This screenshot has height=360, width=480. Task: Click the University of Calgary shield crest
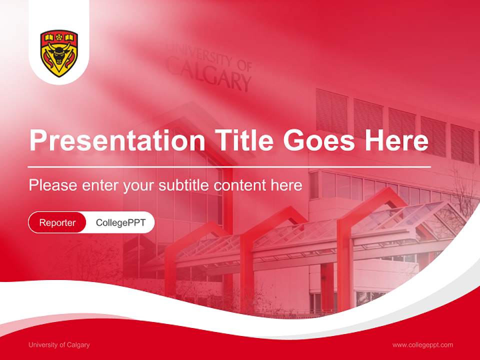[59, 53]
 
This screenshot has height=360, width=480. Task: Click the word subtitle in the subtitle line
[184, 185]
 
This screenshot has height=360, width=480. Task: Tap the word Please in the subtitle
[51, 185]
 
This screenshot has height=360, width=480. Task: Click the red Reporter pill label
[57, 222]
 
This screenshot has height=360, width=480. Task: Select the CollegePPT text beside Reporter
[120, 222]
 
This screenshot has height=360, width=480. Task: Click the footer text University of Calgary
[59, 345]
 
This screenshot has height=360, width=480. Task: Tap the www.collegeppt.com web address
[422, 345]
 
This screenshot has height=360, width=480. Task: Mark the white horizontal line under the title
[229, 166]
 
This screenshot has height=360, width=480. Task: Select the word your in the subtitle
[138, 186]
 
